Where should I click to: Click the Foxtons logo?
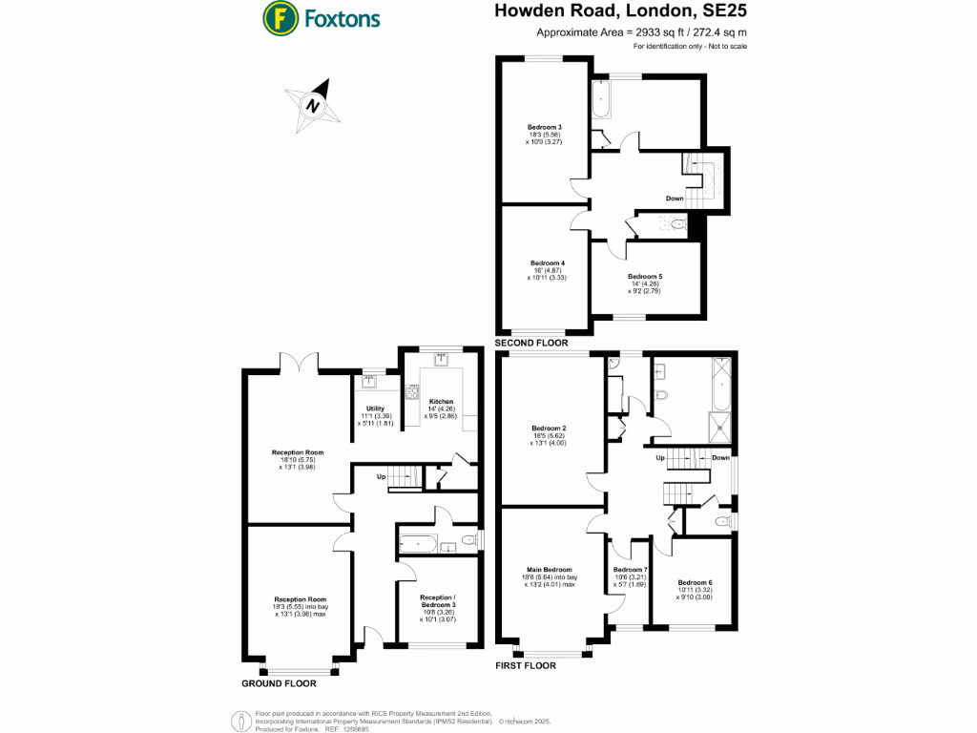coord(322,17)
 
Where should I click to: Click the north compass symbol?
coord(312,105)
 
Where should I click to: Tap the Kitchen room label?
coord(441,402)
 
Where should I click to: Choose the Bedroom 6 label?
coord(695,582)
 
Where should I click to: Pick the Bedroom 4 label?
coord(547,262)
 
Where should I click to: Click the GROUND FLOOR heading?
coord(279,683)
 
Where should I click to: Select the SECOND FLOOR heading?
coord(531,343)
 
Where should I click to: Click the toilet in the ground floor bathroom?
coord(468,542)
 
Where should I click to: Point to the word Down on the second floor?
coord(674,199)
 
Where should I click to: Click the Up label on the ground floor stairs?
coord(381,475)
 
